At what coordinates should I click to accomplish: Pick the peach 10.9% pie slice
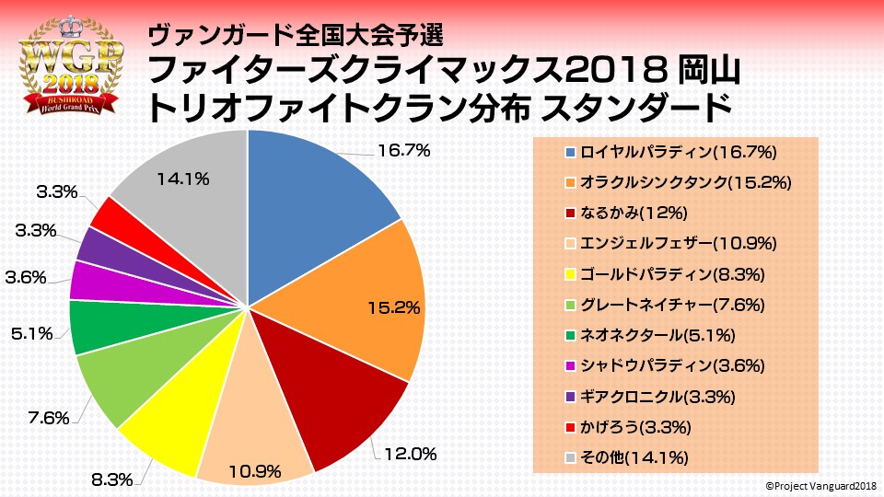(x=253, y=433)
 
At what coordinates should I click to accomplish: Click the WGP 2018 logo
(x=71, y=67)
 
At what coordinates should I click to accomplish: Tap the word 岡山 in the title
(x=708, y=69)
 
